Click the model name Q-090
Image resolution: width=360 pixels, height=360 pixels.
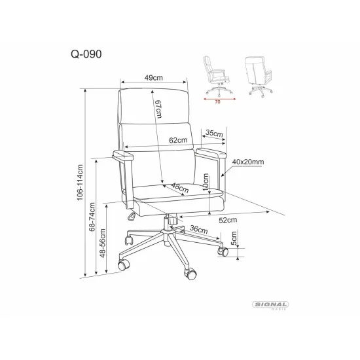86,54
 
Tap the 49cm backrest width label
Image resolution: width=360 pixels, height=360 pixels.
154,78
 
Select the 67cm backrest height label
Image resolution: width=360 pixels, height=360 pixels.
158,109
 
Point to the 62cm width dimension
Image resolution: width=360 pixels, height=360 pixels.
178,140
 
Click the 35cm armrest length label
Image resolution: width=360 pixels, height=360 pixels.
214,133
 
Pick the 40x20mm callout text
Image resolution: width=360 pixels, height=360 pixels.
248,162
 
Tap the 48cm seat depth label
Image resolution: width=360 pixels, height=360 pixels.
180,188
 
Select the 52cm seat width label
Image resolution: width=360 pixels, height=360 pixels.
228,220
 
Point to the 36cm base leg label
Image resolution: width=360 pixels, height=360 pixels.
199,229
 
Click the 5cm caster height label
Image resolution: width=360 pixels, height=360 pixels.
234,238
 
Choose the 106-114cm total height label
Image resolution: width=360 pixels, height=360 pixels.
80,183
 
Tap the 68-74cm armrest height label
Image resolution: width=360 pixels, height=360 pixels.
92,217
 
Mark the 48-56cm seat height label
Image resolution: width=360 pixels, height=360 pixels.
102,243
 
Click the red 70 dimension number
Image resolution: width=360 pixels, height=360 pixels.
217,102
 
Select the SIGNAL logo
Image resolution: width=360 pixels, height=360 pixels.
270,305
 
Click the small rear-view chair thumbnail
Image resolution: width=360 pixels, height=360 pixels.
259,77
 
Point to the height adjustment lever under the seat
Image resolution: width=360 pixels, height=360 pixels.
132,216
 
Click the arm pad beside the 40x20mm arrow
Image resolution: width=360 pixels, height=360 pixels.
211,153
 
